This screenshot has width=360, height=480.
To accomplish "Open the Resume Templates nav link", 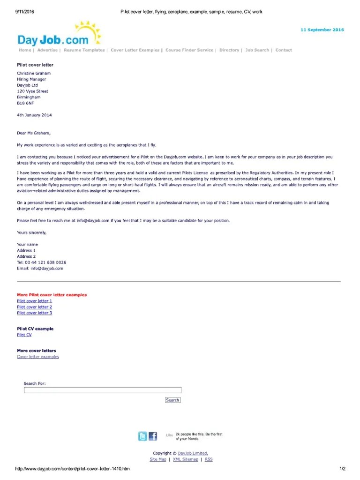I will pyautogui.click(x=84, y=50).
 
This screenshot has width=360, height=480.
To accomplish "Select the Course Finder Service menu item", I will pyautogui.click(x=189, y=50).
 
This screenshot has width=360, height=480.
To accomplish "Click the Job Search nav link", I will pyautogui.click(x=257, y=50).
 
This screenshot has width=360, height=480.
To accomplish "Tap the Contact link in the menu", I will pyautogui.click(x=284, y=50).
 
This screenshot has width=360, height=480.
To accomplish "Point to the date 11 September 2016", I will pyautogui.click(x=322, y=30).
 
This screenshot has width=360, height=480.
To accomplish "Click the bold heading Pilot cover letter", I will pyautogui.click(x=35, y=65).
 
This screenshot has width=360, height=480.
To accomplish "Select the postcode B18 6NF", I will pyautogui.click(x=25, y=103).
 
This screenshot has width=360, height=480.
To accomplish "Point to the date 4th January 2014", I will pyautogui.click(x=34, y=115).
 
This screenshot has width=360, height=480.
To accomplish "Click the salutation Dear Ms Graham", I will pyautogui.click(x=33, y=133).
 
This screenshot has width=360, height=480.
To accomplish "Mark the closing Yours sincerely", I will pyautogui.click(x=32, y=232).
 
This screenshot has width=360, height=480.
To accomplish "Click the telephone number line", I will pyautogui.click(x=41, y=262).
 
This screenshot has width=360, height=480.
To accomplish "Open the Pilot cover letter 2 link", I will pyautogui.click(x=34, y=307).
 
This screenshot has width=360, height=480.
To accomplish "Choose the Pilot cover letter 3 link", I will pyautogui.click(x=34, y=313).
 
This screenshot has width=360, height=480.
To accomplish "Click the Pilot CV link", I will pyautogui.click(x=24, y=335).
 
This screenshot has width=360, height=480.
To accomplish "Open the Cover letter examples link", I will pyautogui.click(x=38, y=357).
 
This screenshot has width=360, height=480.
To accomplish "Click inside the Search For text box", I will pyautogui.click(x=102, y=390).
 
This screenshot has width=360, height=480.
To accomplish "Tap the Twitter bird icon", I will pyautogui.click(x=142, y=436).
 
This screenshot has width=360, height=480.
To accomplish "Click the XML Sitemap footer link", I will pyautogui.click(x=186, y=460).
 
